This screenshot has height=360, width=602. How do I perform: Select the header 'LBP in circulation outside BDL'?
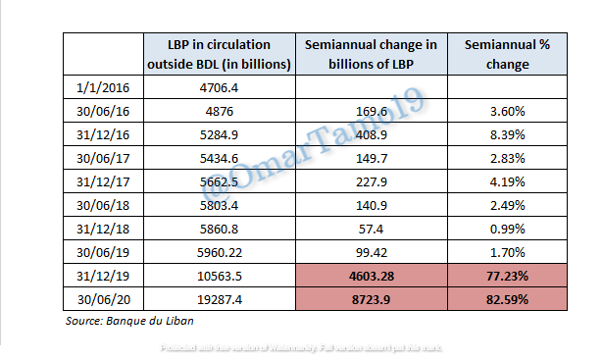coord(221,55)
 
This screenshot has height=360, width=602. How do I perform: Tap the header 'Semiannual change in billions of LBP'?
coord(372,55)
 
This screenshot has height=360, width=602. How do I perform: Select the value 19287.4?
coord(221,299)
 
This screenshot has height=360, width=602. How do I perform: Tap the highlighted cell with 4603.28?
coord(372,276)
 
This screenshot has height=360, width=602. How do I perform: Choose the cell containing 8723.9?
coord(372,299)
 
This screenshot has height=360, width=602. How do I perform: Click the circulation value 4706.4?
coord(221,87)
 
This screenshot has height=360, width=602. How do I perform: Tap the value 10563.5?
coord(221,276)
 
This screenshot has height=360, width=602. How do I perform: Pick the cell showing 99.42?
coord(372,252)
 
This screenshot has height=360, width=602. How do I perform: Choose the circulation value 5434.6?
coord(221,158)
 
